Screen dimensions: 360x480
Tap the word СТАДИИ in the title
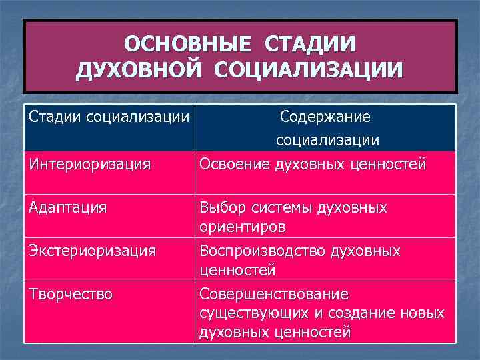point(310,44)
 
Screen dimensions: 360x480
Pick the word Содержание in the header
point(325,117)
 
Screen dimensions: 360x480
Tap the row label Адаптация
point(68,207)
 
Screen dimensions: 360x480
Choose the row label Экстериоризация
point(93,251)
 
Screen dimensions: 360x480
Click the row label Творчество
point(71,294)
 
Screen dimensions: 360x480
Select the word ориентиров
point(243,227)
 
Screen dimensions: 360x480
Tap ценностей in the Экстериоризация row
point(237,271)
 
